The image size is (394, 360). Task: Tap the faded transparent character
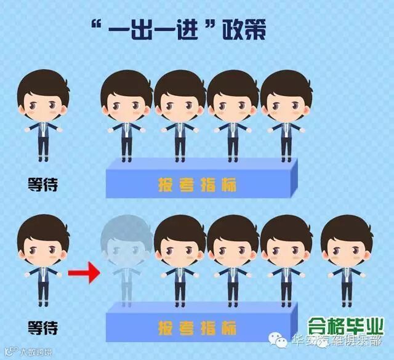(x=127, y=258)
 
